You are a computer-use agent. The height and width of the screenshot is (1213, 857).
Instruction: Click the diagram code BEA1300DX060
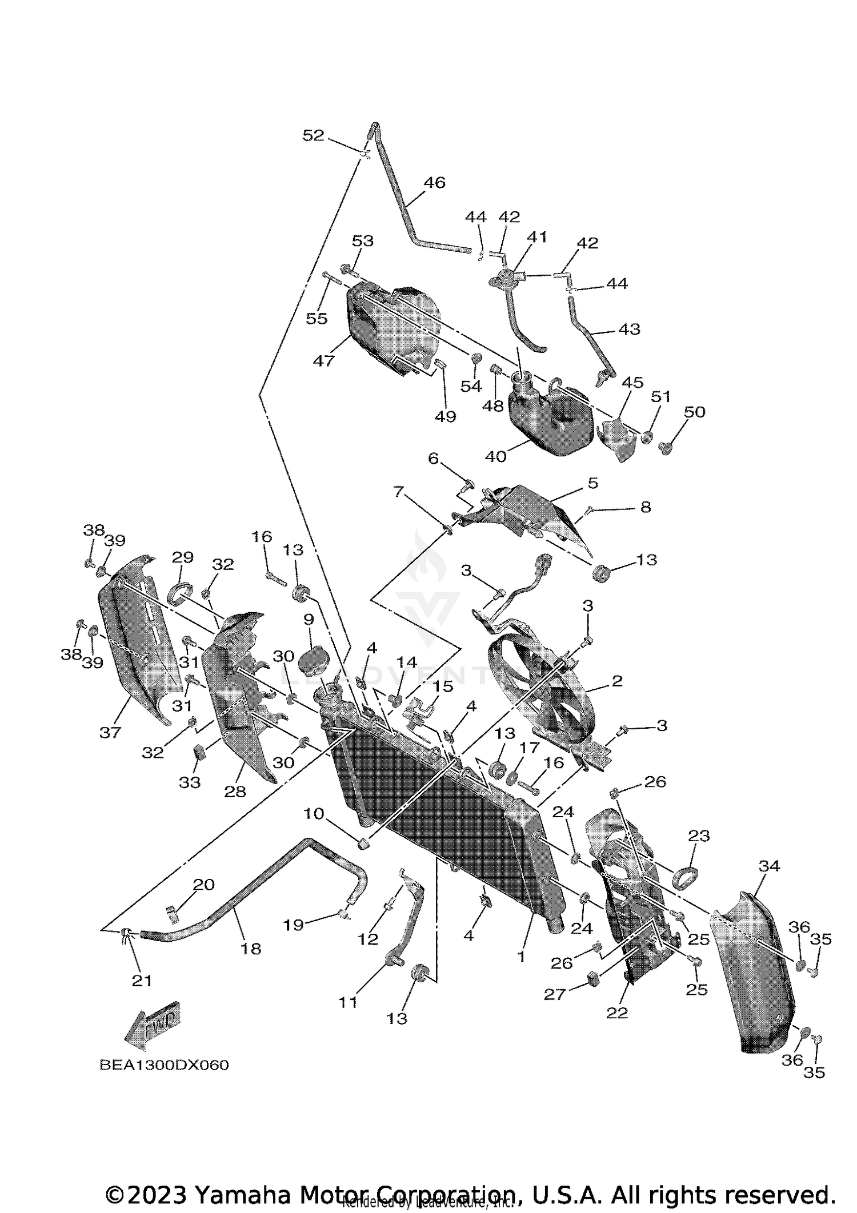[x=164, y=1065]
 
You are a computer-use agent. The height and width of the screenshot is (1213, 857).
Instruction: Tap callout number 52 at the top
[x=314, y=136]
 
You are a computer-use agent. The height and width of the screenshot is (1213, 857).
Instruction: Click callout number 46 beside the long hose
[x=434, y=183]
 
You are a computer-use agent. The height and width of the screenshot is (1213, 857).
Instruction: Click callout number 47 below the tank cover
[x=323, y=361]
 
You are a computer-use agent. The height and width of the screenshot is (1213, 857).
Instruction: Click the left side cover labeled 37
[x=134, y=640]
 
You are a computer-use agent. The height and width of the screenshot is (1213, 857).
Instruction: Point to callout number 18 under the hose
[x=251, y=949]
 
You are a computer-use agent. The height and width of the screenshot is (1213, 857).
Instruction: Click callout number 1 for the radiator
[x=520, y=957]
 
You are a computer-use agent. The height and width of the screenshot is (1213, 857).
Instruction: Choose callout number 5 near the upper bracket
[x=593, y=483]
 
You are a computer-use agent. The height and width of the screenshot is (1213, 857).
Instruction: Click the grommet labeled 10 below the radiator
[x=363, y=842]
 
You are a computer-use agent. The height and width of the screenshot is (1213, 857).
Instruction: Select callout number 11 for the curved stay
[x=348, y=1002]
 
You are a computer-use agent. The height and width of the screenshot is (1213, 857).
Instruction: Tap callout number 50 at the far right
[x=695, y=412]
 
